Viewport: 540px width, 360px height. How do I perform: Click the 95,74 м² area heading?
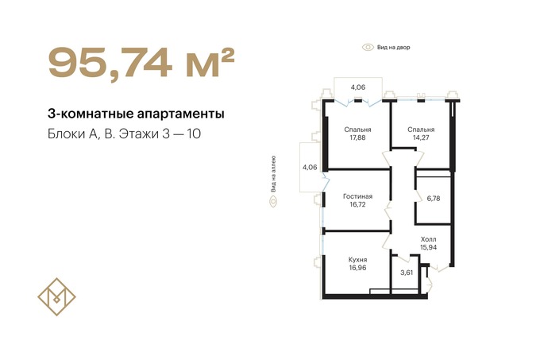[x=141, y=63]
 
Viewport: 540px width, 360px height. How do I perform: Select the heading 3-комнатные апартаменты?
[x=136, y=114]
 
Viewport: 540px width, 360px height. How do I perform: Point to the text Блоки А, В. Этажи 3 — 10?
[x=124, y=134]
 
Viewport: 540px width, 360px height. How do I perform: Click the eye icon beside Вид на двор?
[x=368, y=47]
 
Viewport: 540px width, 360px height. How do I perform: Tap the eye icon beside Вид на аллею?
[x=273, y=201]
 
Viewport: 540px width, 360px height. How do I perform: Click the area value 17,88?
[x=358, y=137]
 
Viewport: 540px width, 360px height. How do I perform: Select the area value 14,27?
[x=421, y=137]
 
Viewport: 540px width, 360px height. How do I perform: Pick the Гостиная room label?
[x=358, y=196]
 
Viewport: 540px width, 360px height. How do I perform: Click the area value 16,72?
[x=358, y=204]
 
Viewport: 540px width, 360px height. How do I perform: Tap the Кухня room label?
[x=358, y=260]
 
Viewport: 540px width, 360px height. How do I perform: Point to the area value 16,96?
[x=358, y=268]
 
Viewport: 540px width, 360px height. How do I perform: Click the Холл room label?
[x=428, y=239]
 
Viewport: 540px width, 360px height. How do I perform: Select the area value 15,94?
[x=428, y=247]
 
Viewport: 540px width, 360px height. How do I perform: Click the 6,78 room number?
[x=434, y=199]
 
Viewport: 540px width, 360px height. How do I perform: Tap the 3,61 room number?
[x=407, y=273]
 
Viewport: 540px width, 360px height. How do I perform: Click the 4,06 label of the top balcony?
[x=358, y=87]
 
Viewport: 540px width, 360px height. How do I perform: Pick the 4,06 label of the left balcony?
[x=310, y=168]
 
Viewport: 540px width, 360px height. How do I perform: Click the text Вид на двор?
[x=394, y=47]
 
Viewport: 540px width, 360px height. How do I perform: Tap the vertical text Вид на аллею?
[x=273, y=174]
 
